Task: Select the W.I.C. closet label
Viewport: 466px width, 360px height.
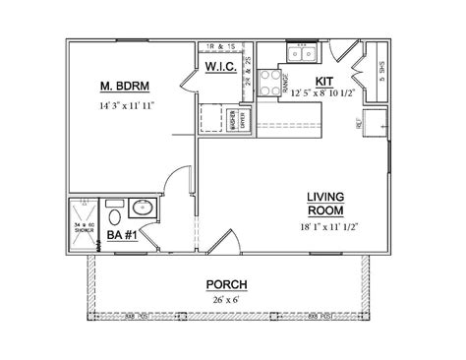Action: [219, 67]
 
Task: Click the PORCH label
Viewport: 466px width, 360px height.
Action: [227, 285]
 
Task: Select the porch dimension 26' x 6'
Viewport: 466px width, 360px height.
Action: [227, 299]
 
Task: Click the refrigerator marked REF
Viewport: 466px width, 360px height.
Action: [368, 124]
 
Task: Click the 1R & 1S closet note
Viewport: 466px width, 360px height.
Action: [219, 47]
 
